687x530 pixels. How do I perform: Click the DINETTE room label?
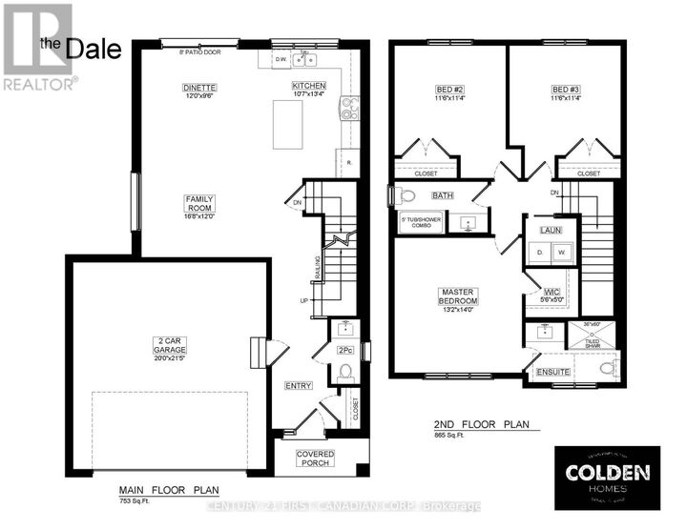point(200,88)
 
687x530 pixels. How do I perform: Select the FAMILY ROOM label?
point(200,204)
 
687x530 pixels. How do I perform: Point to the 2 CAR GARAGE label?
point(167,346)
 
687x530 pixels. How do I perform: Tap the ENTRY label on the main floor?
point(298,386)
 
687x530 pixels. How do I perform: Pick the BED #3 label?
point(565,90)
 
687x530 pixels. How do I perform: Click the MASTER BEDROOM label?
point(458,295)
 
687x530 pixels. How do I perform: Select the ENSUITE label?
point(553,371)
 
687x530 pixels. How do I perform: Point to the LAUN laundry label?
point(550,231)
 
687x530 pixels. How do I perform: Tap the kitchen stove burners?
point(347,112)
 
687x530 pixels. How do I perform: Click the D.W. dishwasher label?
point(281,58)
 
